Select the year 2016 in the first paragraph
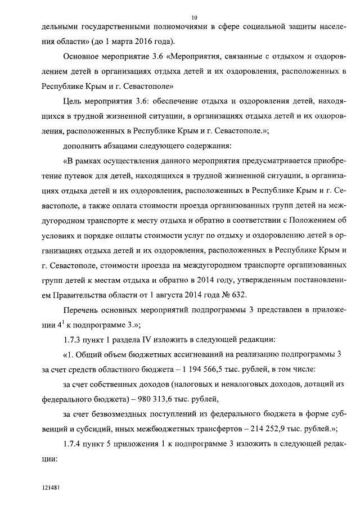click(154, 42)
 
